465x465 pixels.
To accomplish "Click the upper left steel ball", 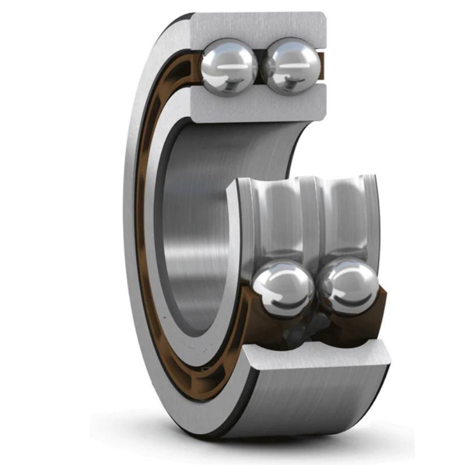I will (x=228, y=66).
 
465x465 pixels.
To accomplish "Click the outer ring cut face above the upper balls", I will (x=262, y=26).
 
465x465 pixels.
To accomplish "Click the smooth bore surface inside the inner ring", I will (x=198, y=233).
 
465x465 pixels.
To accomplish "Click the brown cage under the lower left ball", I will (x=273, y=328).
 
